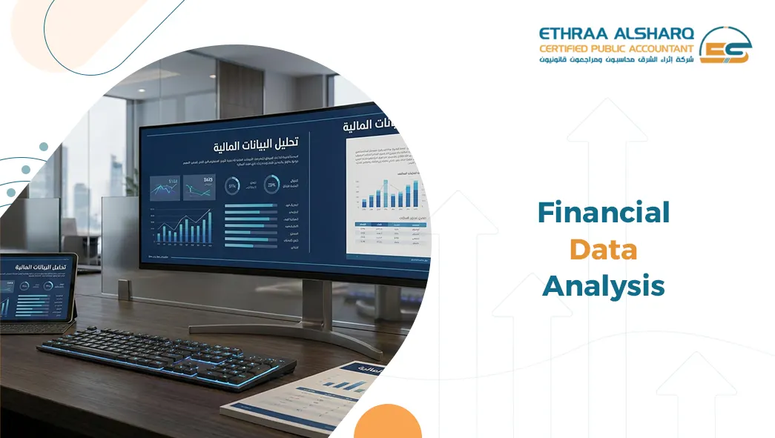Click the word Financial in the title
pyautogui.click(x=603, y=213)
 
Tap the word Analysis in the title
pyautogui.click(x=603, y=285)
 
